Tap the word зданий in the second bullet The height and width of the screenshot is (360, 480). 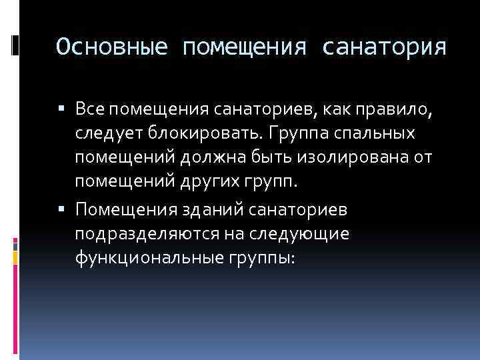point(211,211)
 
